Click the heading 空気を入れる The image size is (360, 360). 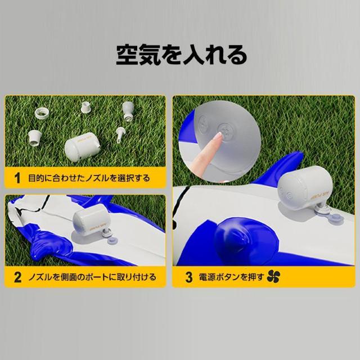(x=181, y=55)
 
